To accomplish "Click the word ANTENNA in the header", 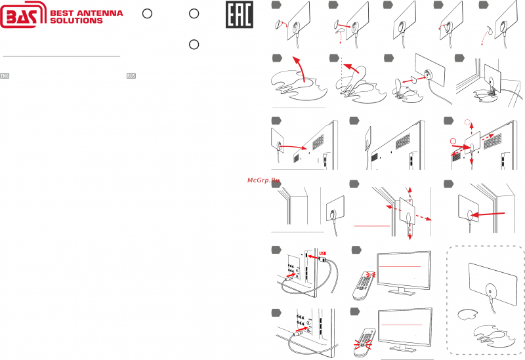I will click(103, 12).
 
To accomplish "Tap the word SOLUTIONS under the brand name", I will click(77, 20).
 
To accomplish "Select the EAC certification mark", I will click(239, 15).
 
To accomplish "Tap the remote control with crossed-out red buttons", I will click(364, 336).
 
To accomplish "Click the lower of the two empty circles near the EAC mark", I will click(193, 44).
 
